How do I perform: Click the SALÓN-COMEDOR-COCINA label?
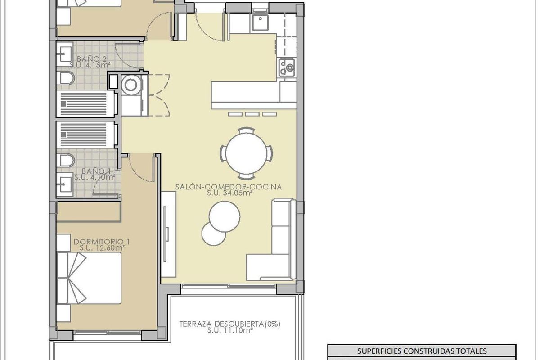click(x=229, y=187)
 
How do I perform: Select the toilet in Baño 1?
click(x=66, y=160)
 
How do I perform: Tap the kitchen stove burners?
click(x=287, y=67)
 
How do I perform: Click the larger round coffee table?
click(x=224, y=215)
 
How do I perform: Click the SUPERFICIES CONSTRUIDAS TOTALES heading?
click(x=422, y=351)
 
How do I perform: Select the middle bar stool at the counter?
click(x=252, y=114)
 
